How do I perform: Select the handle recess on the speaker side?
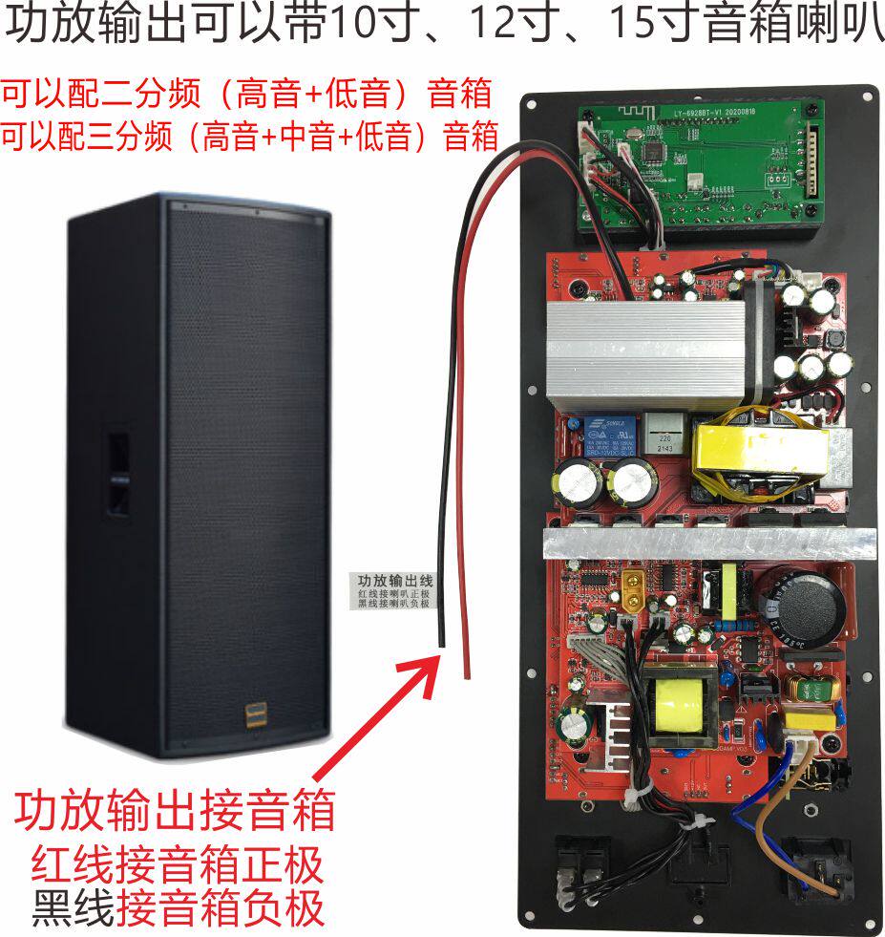pos(118,476)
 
